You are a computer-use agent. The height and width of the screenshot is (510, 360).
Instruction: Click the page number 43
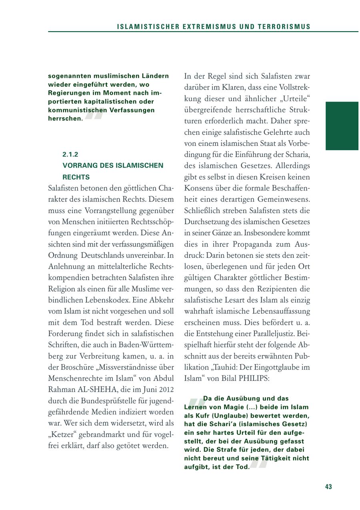(x=328, y=487)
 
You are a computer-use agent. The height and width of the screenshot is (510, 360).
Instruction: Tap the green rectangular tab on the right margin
(x=342, y=126)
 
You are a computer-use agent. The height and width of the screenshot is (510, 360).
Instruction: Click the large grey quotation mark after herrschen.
(x=94, y=114)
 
